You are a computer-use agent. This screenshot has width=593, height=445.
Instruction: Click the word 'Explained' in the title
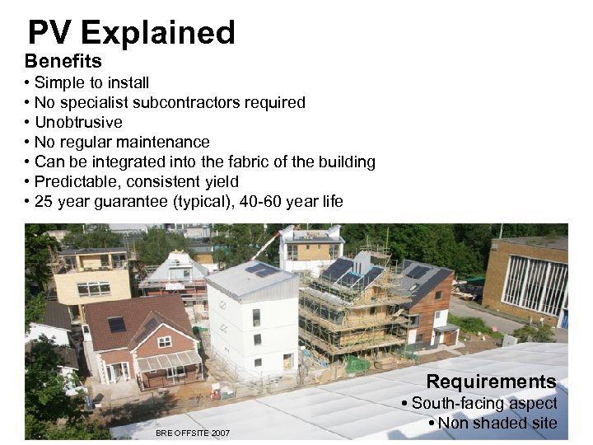(x=158, y=33)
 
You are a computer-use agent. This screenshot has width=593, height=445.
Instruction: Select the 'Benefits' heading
(x=63, y=61)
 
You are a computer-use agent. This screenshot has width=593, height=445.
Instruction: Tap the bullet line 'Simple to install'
(x=91, y=82)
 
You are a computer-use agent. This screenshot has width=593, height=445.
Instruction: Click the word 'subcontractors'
(x=185, y=102)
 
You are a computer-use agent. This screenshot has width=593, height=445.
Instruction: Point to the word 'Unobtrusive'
(x=78, y=122)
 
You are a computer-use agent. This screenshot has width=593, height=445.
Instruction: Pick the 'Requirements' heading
(x=491, y=382)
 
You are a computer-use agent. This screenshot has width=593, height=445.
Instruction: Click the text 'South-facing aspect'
(x=484, y=404)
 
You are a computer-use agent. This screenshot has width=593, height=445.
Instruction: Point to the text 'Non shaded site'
(x=497, y=424)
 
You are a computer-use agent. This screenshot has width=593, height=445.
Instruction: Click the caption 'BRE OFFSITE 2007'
(x=193, y=433)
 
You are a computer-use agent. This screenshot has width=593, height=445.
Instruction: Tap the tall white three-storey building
(x=250, y=317)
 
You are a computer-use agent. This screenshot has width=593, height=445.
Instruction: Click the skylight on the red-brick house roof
(x=117, y=324)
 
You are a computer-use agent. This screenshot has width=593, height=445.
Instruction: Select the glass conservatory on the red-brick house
(x=169, y=364)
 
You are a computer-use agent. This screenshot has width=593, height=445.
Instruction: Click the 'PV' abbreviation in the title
(x=51, y=33)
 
